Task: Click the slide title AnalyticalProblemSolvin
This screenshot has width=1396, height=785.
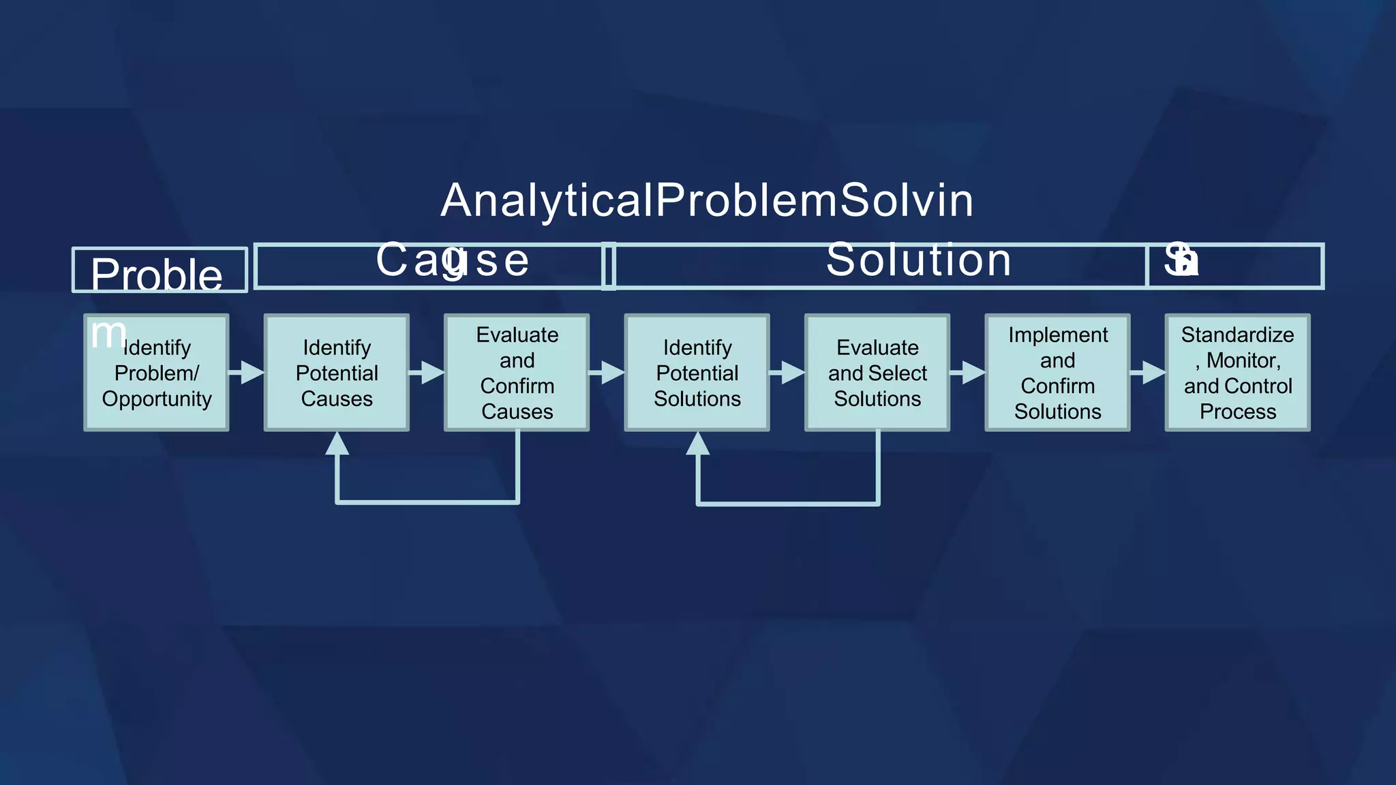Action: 707,201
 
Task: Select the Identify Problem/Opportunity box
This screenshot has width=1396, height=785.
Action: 156,373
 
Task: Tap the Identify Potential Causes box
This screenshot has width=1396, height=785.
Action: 337,373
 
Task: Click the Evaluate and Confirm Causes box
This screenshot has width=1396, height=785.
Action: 517,373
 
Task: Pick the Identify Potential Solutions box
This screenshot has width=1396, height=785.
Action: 697,373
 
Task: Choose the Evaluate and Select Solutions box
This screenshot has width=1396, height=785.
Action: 877,373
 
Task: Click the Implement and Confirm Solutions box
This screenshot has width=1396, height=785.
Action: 1057,373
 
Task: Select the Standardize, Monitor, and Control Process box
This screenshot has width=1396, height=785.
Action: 1237,373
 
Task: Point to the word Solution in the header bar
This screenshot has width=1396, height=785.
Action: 918,260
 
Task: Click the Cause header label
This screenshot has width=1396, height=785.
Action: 452,260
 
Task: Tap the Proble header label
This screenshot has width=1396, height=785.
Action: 156,275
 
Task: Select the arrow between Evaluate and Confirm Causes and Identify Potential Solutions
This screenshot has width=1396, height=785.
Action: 607,373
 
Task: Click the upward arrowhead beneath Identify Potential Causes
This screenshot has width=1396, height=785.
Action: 337,444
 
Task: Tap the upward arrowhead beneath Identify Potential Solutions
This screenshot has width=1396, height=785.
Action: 697,444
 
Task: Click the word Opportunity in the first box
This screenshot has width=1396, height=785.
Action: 156,399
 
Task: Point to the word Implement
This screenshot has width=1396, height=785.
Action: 1057,335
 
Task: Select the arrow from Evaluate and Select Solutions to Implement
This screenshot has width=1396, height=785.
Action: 968,373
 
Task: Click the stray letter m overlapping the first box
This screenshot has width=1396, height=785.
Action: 108,334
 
